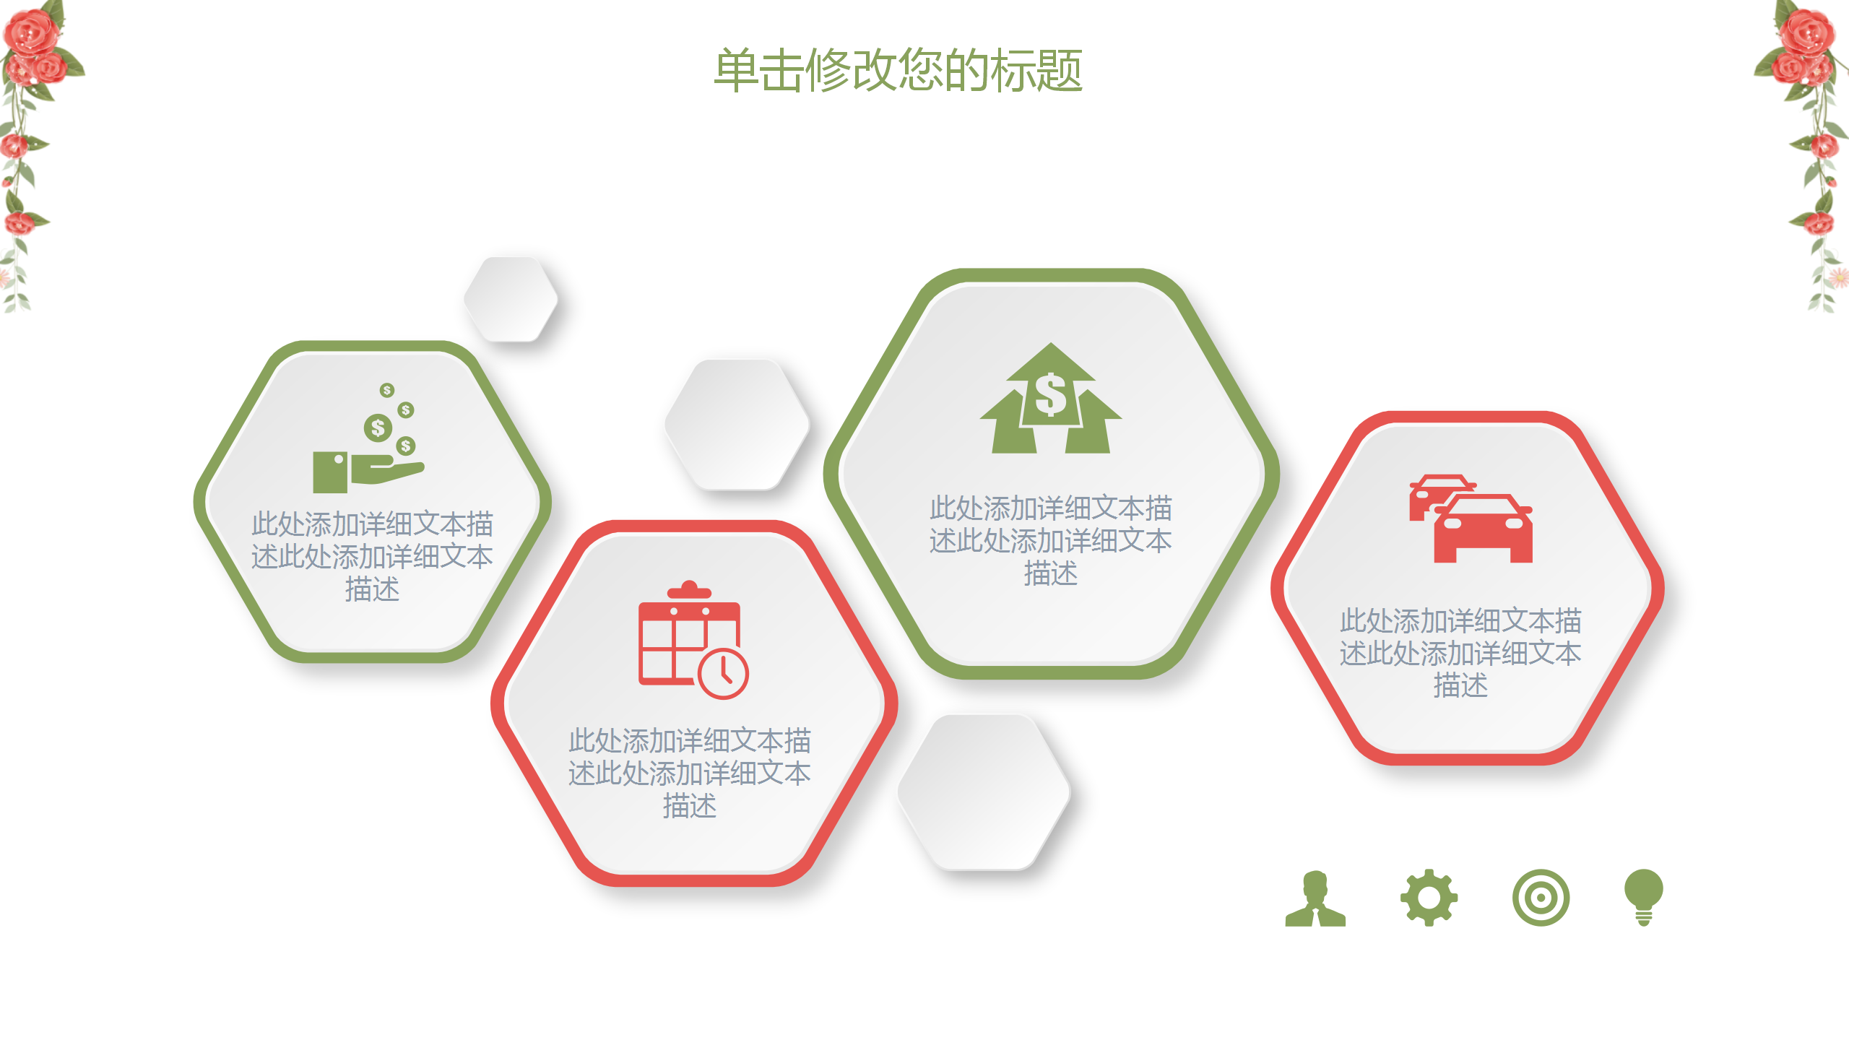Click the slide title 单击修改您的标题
(x=898, y=71)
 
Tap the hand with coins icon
(x=368, y=441)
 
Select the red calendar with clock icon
(x=692, y=640)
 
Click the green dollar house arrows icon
(x=1051, y=402)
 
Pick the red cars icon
(x=1471, y=519)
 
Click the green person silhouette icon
(x=1315, y=899)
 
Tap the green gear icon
(x=1429, y=898)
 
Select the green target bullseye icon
(x=1541, y=898)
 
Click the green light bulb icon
(x=1643, y=896)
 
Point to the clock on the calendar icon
(x=724, y=674)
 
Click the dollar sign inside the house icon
(x=1051, y=396)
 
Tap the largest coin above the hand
(x=378, y=428)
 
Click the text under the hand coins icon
(x=372, y=556)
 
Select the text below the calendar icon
(x=690, y=773)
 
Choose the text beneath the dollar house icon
(x=1051, y=540)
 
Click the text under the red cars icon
(x=1460, y=653)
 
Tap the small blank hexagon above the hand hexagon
(x=511, y=299)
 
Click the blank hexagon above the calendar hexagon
(x=737, y=425)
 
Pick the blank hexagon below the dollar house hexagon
(x=984, y=792)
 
